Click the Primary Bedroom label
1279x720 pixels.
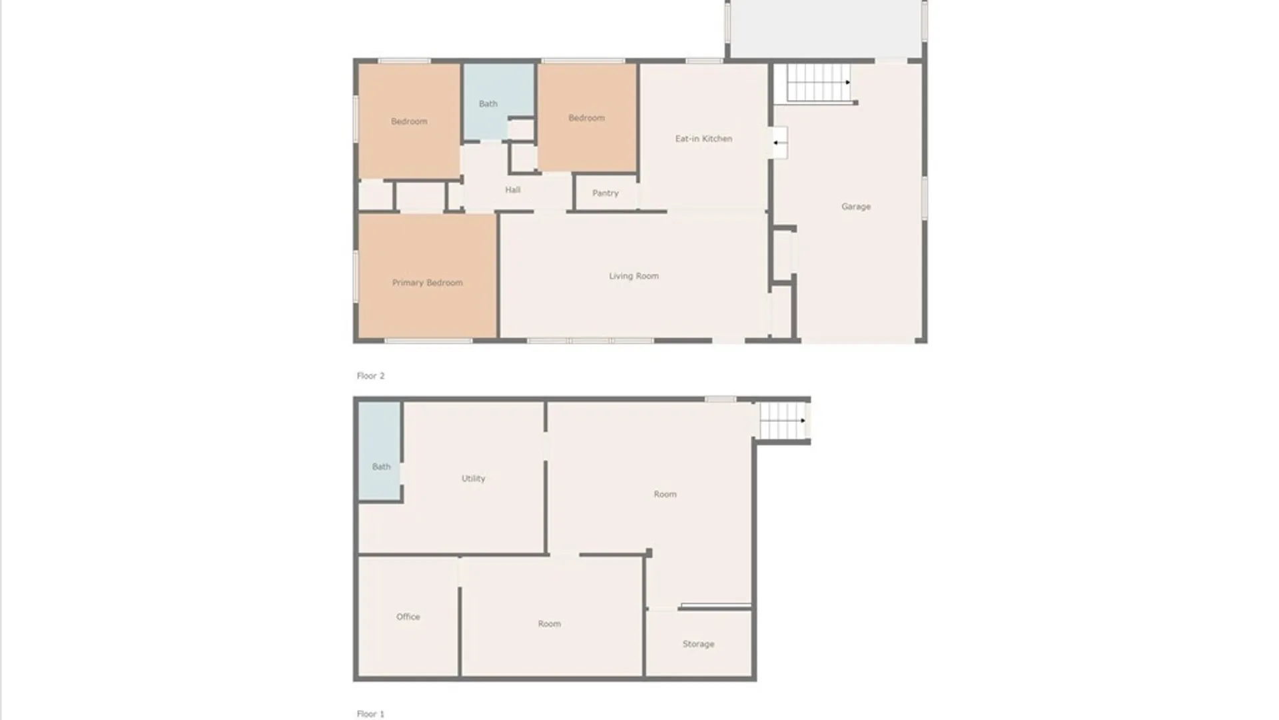click(427, 283)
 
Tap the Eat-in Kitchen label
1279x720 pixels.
click(703, 139)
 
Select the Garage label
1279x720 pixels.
click(856, 207)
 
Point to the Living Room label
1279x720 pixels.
click(634, 276)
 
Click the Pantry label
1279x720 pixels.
click(606, 193)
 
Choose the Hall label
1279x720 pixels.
click(512, 190)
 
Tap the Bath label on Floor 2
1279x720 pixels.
click(488, 104)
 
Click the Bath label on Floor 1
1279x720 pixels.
click(381, 467)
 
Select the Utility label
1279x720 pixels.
click(473, 479)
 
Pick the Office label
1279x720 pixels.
click(408, 617)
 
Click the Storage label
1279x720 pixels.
click(698, 644)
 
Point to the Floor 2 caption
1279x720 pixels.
click(370, 376)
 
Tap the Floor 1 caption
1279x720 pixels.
click(370, 714)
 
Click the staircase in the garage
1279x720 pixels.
click(819, 83)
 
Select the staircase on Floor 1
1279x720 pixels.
click(783, 421)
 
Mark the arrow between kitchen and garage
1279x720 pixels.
click(777, 143)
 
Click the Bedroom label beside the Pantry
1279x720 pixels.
click(586, 118)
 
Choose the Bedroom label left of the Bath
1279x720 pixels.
click(409, 121)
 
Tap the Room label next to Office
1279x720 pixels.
click(549, 624)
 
